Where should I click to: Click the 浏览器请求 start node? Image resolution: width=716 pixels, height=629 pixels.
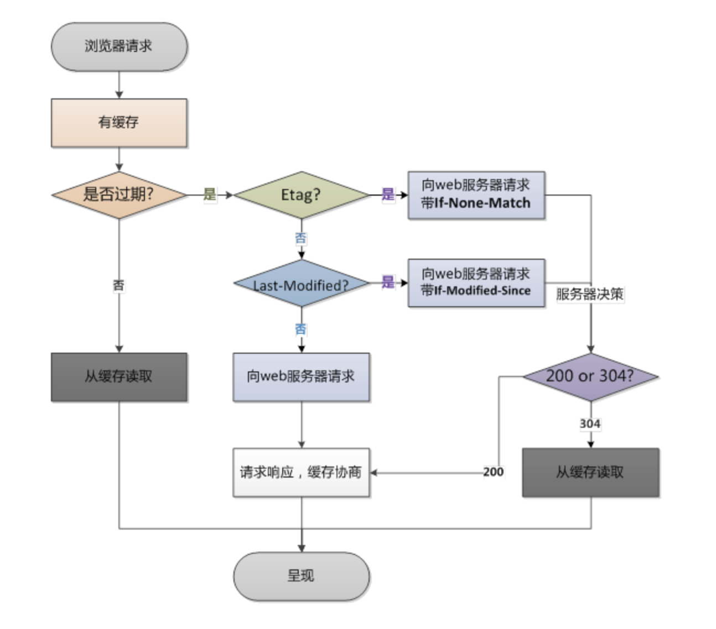click(119, 46)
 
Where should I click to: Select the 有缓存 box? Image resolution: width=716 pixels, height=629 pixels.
click(119, 122)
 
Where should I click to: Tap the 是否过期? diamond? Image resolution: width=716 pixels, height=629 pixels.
click(119, 195)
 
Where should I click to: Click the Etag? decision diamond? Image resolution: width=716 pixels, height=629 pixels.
click(301, 195)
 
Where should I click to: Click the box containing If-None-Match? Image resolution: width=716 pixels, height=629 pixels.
click(476, 195)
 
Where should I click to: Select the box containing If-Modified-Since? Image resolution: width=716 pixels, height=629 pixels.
click(476, 282)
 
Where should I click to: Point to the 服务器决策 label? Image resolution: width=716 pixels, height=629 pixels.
click(590, 294)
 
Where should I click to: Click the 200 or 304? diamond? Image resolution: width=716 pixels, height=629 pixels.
click(590, 376)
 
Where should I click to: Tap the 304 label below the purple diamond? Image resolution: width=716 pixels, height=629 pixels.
click(590, 423)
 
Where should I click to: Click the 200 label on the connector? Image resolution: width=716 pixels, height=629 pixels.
click(493, 472)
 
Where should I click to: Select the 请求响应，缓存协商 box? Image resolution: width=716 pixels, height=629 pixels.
click(301, 472)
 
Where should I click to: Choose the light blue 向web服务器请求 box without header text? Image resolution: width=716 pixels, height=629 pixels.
click(301, 376)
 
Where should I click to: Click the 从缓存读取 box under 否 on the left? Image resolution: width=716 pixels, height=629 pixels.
click(119, 376)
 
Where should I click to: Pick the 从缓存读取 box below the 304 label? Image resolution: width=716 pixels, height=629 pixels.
click(590, 472)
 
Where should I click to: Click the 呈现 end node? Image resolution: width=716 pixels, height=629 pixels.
click(301, 575)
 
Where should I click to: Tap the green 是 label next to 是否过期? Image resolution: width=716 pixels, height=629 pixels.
click(210, 194)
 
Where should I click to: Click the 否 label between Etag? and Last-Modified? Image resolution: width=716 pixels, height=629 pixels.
click(300, 238)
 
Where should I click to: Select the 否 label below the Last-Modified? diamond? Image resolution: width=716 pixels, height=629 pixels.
click(300, 329)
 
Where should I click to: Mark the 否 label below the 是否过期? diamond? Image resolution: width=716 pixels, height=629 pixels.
click(118, 285)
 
